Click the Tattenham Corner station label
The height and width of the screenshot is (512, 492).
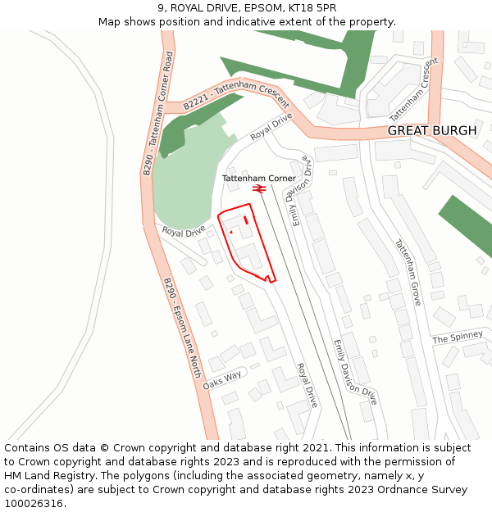tap(258, 178)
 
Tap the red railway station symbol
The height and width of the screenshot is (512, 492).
tap(259, 189)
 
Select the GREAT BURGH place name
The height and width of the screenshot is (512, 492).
tap(431, 131)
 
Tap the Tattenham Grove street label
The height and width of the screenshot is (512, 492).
tap(408, 272)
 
